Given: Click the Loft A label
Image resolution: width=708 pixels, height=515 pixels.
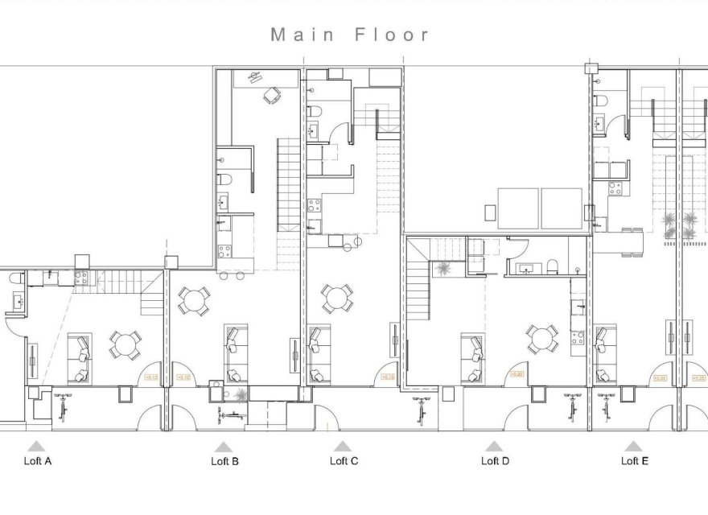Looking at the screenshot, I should (36, 461).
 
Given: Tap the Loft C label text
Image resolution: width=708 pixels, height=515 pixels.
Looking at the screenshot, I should (344, 461).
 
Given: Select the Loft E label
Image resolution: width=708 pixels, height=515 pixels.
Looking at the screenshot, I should (634, 461).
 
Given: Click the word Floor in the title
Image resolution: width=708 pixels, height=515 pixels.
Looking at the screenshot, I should (392, 35).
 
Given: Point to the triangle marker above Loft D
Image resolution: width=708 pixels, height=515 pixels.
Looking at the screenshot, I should (494, 446).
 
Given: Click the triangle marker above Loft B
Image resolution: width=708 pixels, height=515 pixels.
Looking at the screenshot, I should (224, 446).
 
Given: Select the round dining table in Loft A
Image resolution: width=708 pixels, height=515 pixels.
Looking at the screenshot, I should (125, 344).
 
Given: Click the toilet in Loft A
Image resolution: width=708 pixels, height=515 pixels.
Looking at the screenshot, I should (15, 278).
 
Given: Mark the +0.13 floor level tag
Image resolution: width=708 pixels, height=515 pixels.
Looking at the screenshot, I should (150, 376).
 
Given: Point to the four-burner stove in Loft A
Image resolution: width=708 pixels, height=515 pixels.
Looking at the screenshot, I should (80, 278).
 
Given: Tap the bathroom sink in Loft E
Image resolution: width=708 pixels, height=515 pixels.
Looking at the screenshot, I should (599, 123).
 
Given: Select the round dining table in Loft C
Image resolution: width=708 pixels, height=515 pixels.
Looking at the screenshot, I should (336, 298).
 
